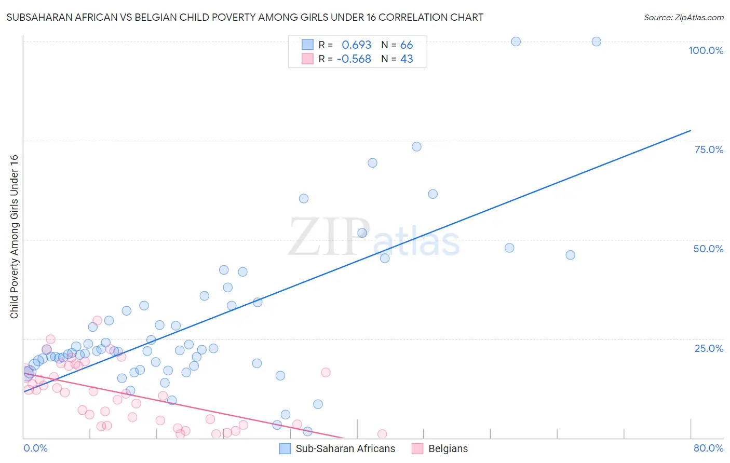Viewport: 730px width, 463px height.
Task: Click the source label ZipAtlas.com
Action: click(x=683, y=17)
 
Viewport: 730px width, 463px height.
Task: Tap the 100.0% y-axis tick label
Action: click(x=706, y=50)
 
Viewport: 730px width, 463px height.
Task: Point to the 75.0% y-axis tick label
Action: click(x=709, y=149)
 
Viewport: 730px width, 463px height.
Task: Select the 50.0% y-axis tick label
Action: click(x=708, y=249)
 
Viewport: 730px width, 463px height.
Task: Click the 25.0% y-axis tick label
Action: click(x=709, y=348)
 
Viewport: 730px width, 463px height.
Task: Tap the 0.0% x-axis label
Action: click(x=35, y=448)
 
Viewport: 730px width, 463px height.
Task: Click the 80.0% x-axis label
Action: click(x=708, y=448)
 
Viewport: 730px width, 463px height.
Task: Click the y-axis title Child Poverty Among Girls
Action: click(x=14, y=237)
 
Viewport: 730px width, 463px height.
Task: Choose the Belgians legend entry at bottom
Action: click(x=448, y=448)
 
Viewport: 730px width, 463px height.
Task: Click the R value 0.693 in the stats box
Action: click(x=356, y=45)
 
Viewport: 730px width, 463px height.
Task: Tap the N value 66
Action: click(x=407, y=45)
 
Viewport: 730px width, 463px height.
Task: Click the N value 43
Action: click(x=407, y=59)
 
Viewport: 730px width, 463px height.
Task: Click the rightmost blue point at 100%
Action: click(x=596, y=42)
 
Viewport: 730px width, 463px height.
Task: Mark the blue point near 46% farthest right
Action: click(x=570, y=255)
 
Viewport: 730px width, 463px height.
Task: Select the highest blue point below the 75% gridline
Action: click(x=416, y=147)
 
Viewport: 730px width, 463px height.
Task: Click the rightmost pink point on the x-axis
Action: click(x=382, y=434)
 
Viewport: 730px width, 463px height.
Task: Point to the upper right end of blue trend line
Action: click(x=691, y=130)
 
